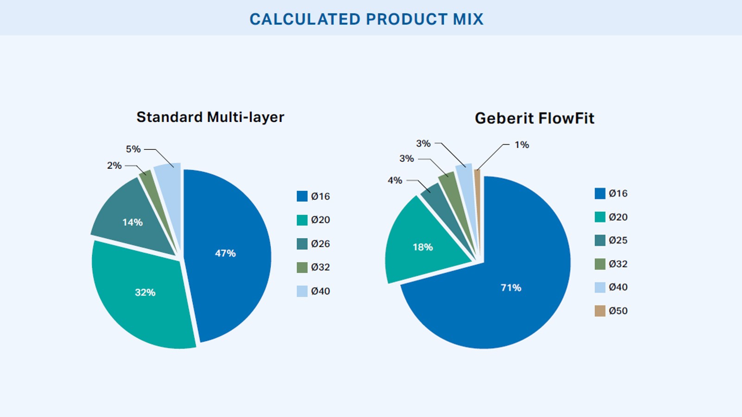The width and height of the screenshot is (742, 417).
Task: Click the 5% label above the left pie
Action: (133, 149)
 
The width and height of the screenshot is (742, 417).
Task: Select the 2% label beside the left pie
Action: (114, 165)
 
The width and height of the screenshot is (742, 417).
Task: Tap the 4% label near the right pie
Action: (395, 180)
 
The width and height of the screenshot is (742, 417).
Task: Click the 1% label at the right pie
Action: (522, 145)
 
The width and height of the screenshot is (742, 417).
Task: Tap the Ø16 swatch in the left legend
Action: (302, 196)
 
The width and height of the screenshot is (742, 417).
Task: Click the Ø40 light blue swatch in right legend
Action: (600, 287)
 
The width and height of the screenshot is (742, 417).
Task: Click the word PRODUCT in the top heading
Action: (406, 19)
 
